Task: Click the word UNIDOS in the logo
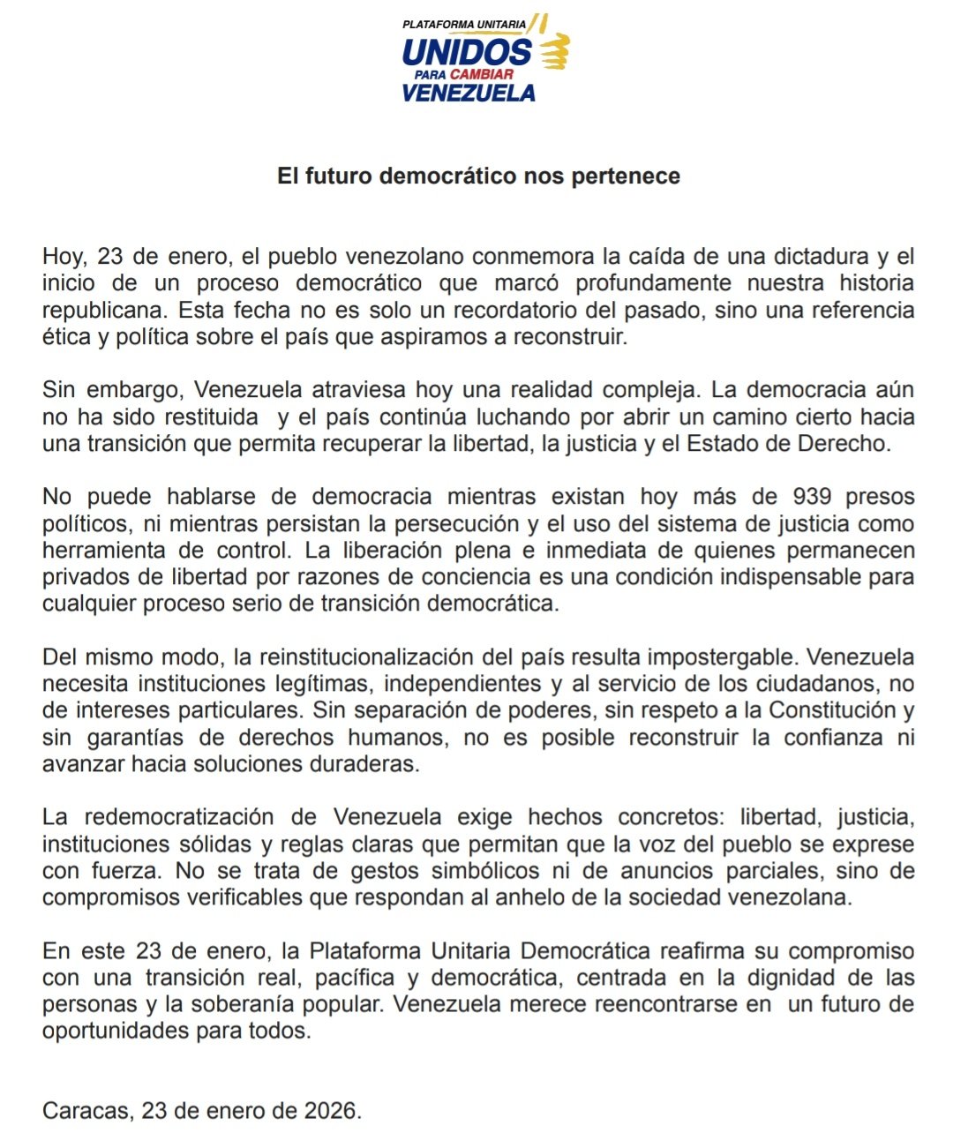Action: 467,52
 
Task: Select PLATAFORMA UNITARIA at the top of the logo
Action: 464,25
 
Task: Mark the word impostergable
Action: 724,657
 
